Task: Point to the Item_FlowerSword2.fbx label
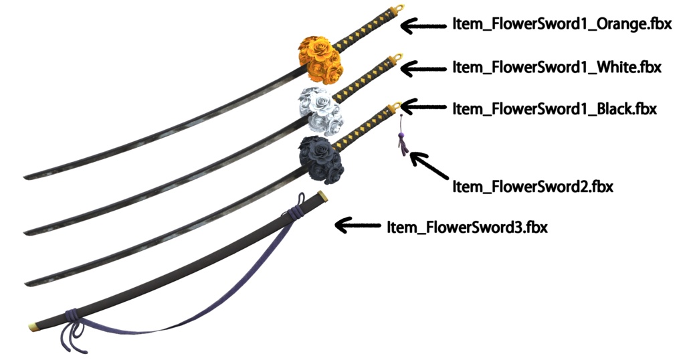532,186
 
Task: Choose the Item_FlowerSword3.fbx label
467,227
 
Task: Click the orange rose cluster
321,56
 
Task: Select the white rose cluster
318,109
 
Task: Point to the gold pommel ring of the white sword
399,56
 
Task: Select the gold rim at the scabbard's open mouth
323,196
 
